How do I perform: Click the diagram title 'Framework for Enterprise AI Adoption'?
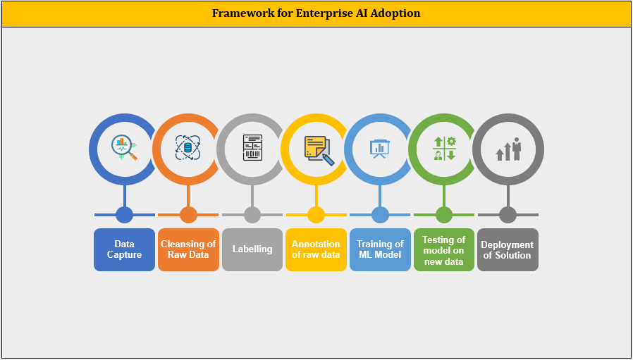tap(316, 13)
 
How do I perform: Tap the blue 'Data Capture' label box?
tap(124, 250)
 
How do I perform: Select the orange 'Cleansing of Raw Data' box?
tap(188, 250)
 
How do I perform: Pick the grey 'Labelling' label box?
tap(252, 250)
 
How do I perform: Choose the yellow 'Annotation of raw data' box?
tap(316, 250)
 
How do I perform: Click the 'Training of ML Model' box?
tap(380, 250)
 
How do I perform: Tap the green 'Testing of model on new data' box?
tap(444, 250)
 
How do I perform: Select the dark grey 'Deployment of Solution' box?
tap(508, 250)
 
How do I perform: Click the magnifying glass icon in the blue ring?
tap(124, 149)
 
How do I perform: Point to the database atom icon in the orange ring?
tap(188, 148)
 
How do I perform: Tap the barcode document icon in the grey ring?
tap(253, 148)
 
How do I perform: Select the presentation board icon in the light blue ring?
tap(380, 149)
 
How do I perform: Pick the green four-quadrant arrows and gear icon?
tap(444, 149)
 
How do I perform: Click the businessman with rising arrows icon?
tap(508, 149)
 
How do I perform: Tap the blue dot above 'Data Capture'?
tap(124, 215)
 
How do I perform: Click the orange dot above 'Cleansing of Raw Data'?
tap(188, 215)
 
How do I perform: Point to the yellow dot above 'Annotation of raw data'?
tap(316, 215)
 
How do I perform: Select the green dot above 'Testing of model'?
tap(444, 215)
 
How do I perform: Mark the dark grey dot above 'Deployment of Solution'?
tap(508, 215)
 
